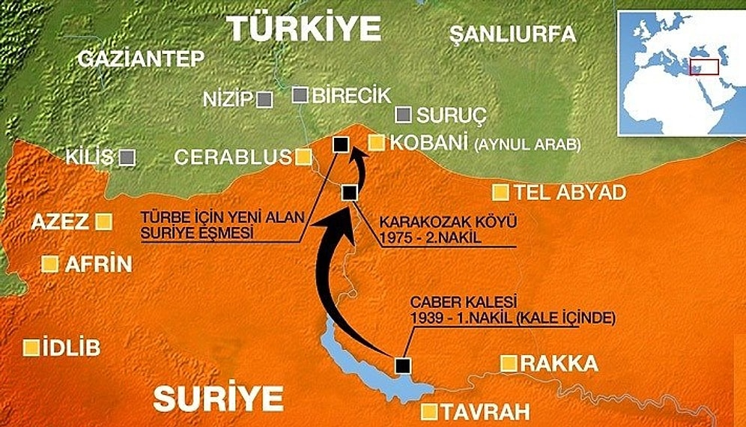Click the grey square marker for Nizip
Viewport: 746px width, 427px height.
click(264, 99)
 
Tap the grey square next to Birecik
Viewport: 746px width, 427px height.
click(300, 94)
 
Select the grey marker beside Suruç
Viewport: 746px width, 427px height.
click(404, 115)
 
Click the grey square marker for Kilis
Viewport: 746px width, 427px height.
click(127, 157)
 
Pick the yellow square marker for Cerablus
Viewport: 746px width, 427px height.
click(303, 157)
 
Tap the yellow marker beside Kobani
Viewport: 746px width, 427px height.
click(377, 142)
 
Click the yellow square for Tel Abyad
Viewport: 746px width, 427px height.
click(500, 193)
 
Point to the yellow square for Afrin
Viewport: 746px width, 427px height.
click(50, 264)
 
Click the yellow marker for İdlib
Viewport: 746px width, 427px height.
click(31, 348)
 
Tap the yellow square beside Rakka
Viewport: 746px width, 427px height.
click(509, 364)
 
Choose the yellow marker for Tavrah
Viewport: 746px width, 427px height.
click(429, 411)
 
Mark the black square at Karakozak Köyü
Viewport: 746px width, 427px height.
click(348, 193)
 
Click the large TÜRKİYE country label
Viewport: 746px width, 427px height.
click(304, 29)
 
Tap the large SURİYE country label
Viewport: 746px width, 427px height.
click(218, 398)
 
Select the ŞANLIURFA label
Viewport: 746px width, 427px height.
click(513, 34)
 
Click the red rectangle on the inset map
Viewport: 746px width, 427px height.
click(703, 66)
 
